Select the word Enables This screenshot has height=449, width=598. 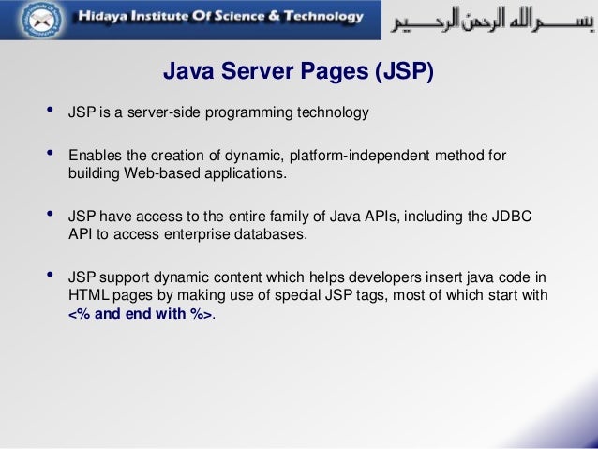click(x=93, y=155)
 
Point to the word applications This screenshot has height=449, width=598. click(x=250, y=174)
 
